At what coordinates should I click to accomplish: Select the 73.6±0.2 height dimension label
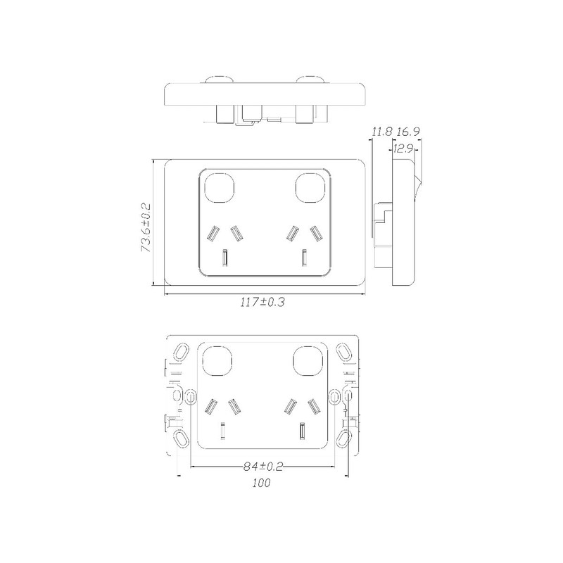146,224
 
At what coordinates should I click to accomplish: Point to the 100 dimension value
261,484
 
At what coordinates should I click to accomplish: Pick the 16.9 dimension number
408,132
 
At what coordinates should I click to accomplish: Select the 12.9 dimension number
403,148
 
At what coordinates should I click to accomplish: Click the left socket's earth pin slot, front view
225,258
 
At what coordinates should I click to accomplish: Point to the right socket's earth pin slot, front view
304,258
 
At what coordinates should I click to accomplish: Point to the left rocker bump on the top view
220,80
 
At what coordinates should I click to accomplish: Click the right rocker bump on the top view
310,80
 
